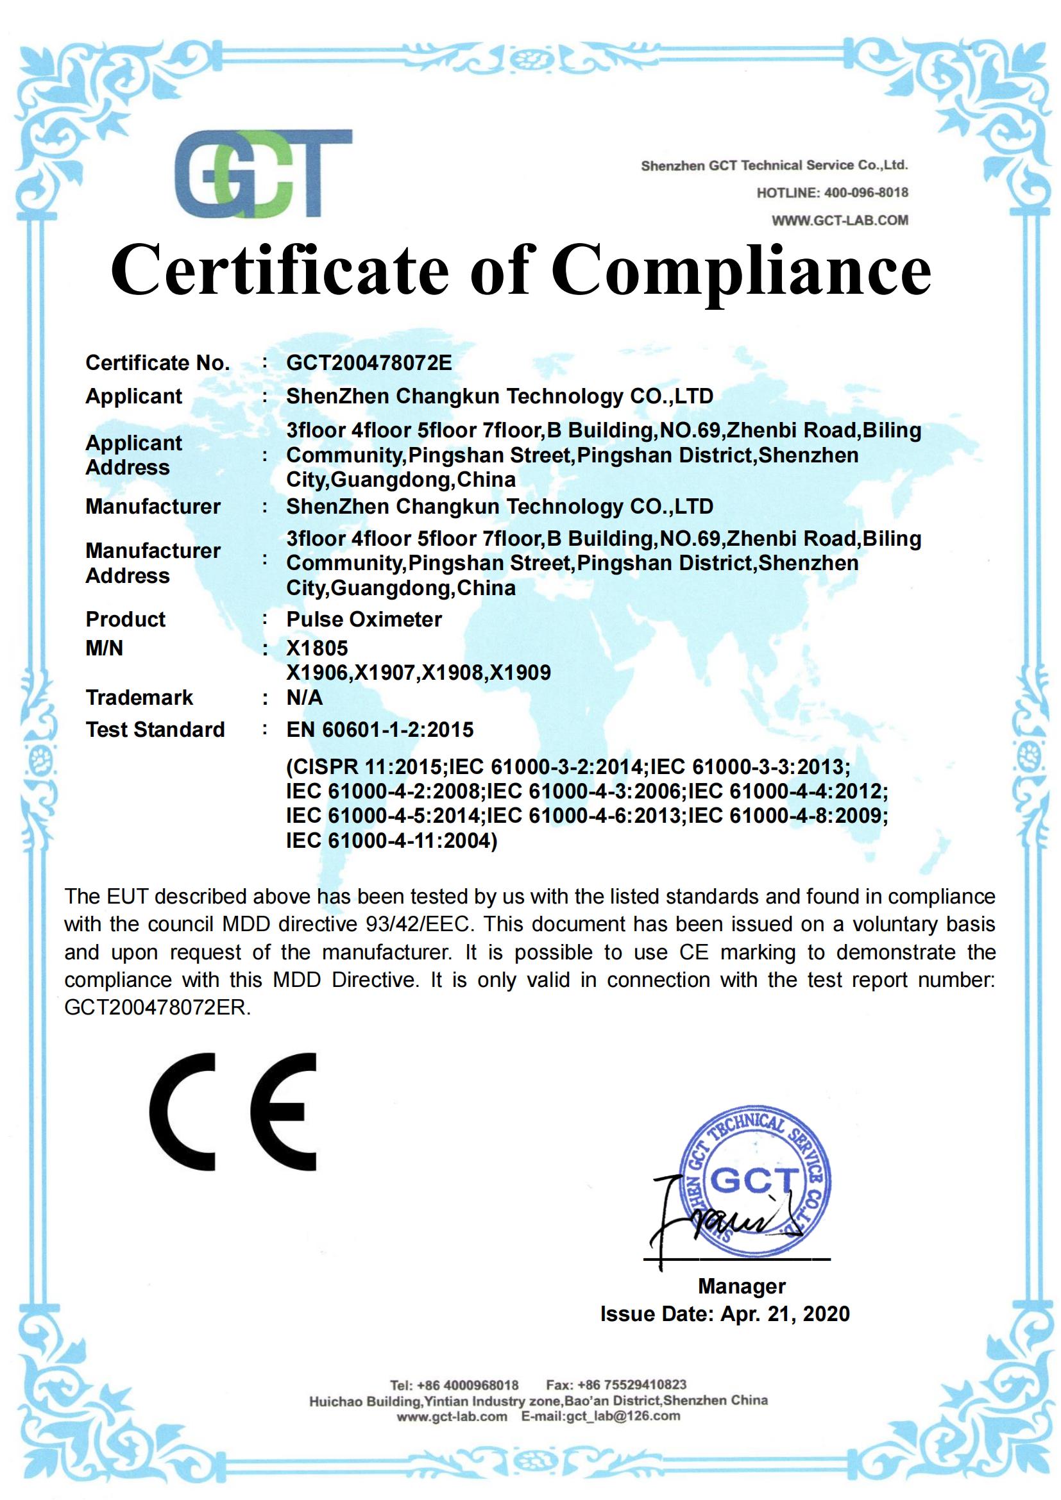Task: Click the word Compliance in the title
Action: [x=741, y=270]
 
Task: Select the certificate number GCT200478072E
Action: [x=368, y=362]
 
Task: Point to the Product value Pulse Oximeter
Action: [x=364, y=619]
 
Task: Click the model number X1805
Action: [x=317, y=648]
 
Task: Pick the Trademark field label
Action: [x=139, y=697]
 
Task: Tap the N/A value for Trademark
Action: [x=305, y=698]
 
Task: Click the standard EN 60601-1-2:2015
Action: [x=380, y=729]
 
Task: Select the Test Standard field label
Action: [x=155, y=729]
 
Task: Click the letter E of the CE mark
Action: [x=284, y=1111]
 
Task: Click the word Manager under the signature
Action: [x=742, y=1286]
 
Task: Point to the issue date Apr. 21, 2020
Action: [x=785, y=1314]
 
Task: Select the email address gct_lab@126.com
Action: [x=624, y=1416]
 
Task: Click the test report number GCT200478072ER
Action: [x=156, y=1007]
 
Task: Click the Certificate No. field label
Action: [x=157, y=362]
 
